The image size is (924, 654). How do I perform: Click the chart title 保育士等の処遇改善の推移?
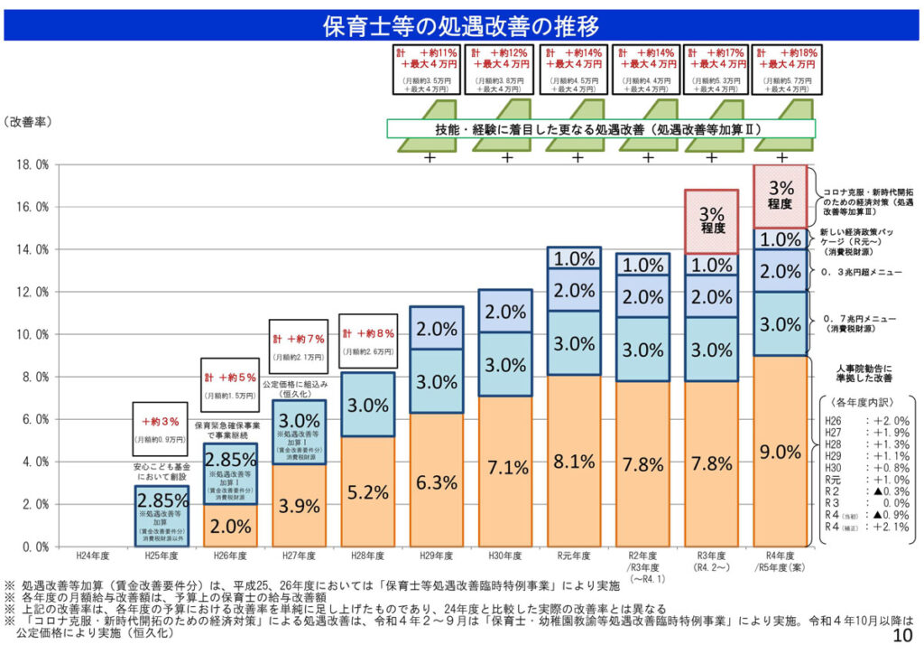461,25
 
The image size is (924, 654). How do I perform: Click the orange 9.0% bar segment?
781,451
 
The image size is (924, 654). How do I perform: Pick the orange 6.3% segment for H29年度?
437,481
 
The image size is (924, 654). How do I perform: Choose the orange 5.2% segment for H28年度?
367,492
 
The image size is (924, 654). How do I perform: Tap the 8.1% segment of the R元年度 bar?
574,462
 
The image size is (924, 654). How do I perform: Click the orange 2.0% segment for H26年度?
229,526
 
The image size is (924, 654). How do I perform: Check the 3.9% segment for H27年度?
299,505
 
